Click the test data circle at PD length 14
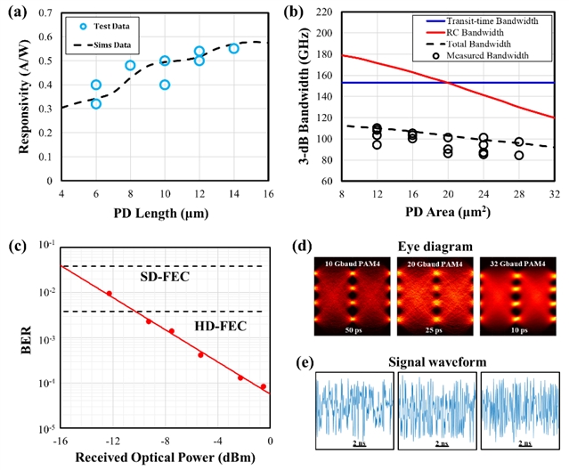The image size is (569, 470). [233, 48]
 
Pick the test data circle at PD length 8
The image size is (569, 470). [131, 65]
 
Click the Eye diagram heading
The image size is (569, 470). [435, 247]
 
